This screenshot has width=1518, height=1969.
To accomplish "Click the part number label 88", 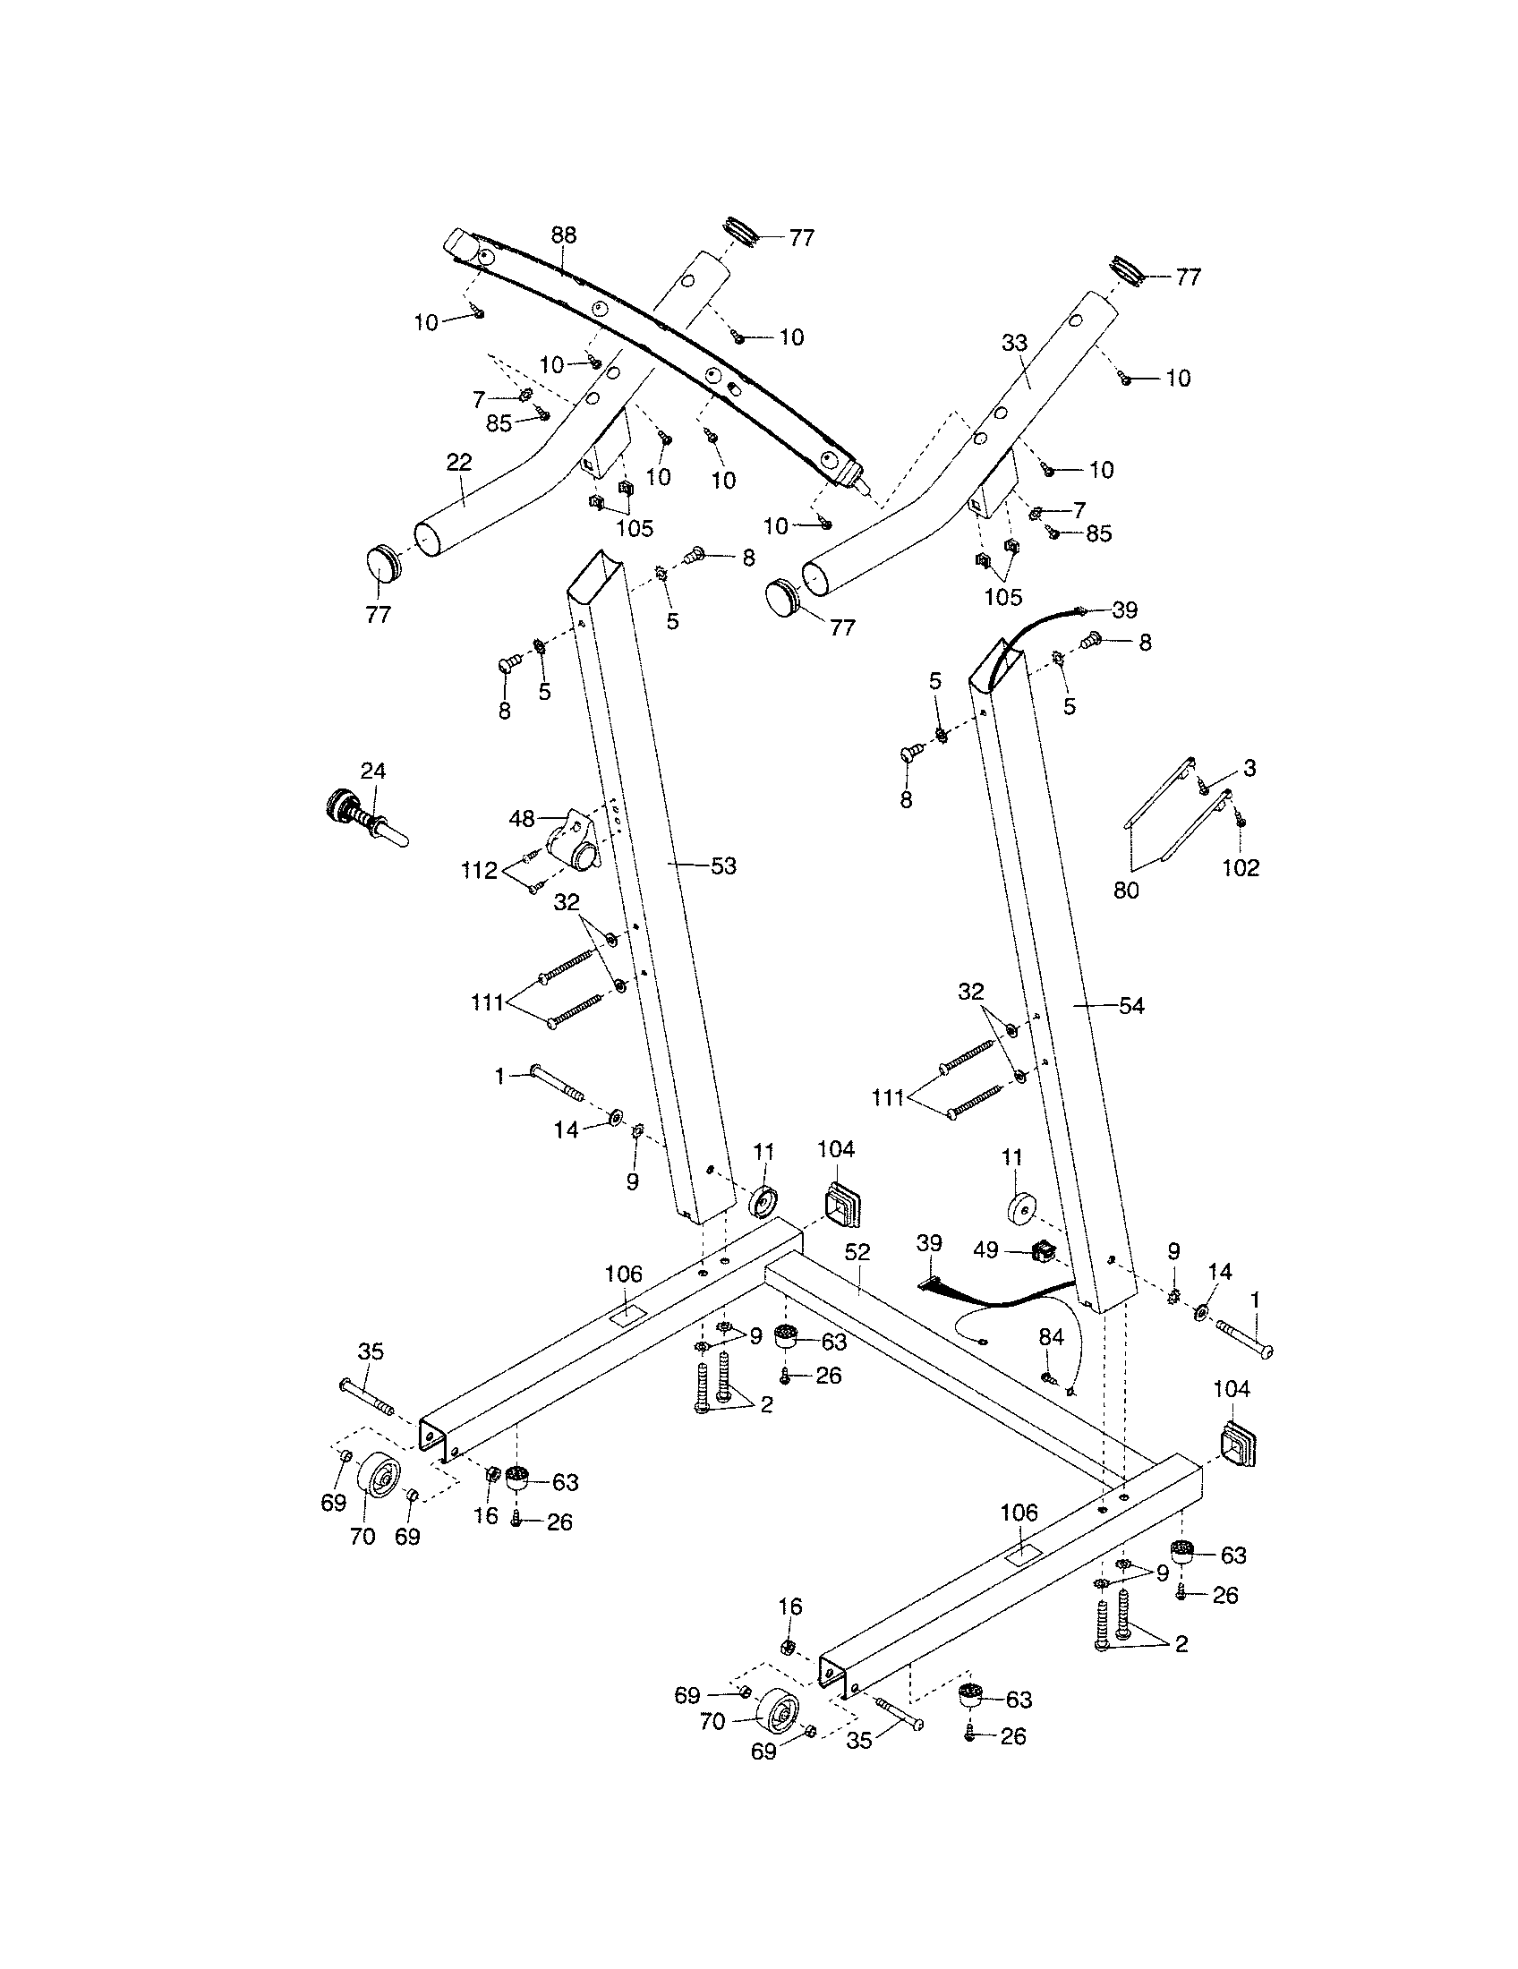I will pyautogui.click(x=563, y=235).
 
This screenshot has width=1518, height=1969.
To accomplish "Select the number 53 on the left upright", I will pyautogui.click(x=723, y=866).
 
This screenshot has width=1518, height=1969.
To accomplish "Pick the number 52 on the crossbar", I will pyautogui.click(x=857, y=1252).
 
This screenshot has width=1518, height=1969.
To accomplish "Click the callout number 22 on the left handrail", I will pyautogui.click(x=459, y=463).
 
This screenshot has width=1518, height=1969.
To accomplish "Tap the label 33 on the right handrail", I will pyautogui.click(x=1014, y=344).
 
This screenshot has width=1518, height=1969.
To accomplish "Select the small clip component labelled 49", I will pyautogui.click(x=1042, y=1251).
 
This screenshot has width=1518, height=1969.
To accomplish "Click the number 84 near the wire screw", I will pyautogui.click(x=1051, y=1336).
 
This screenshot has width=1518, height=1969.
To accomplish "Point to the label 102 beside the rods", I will pyautogui.click(x=1241, y=867).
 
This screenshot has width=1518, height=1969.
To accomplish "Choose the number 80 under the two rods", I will pyautogui.click(x=1126, y=891).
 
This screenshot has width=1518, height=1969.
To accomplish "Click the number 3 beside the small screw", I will pyautogui.click(x=1249, y=768).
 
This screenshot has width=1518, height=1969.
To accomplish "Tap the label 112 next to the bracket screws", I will pyautogui.click(x=479, y=870).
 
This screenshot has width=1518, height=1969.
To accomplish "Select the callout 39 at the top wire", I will pyautogui.click(x=1124, y=610).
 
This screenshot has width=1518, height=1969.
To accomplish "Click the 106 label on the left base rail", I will pyautogui.click(x=624, y=1274).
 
